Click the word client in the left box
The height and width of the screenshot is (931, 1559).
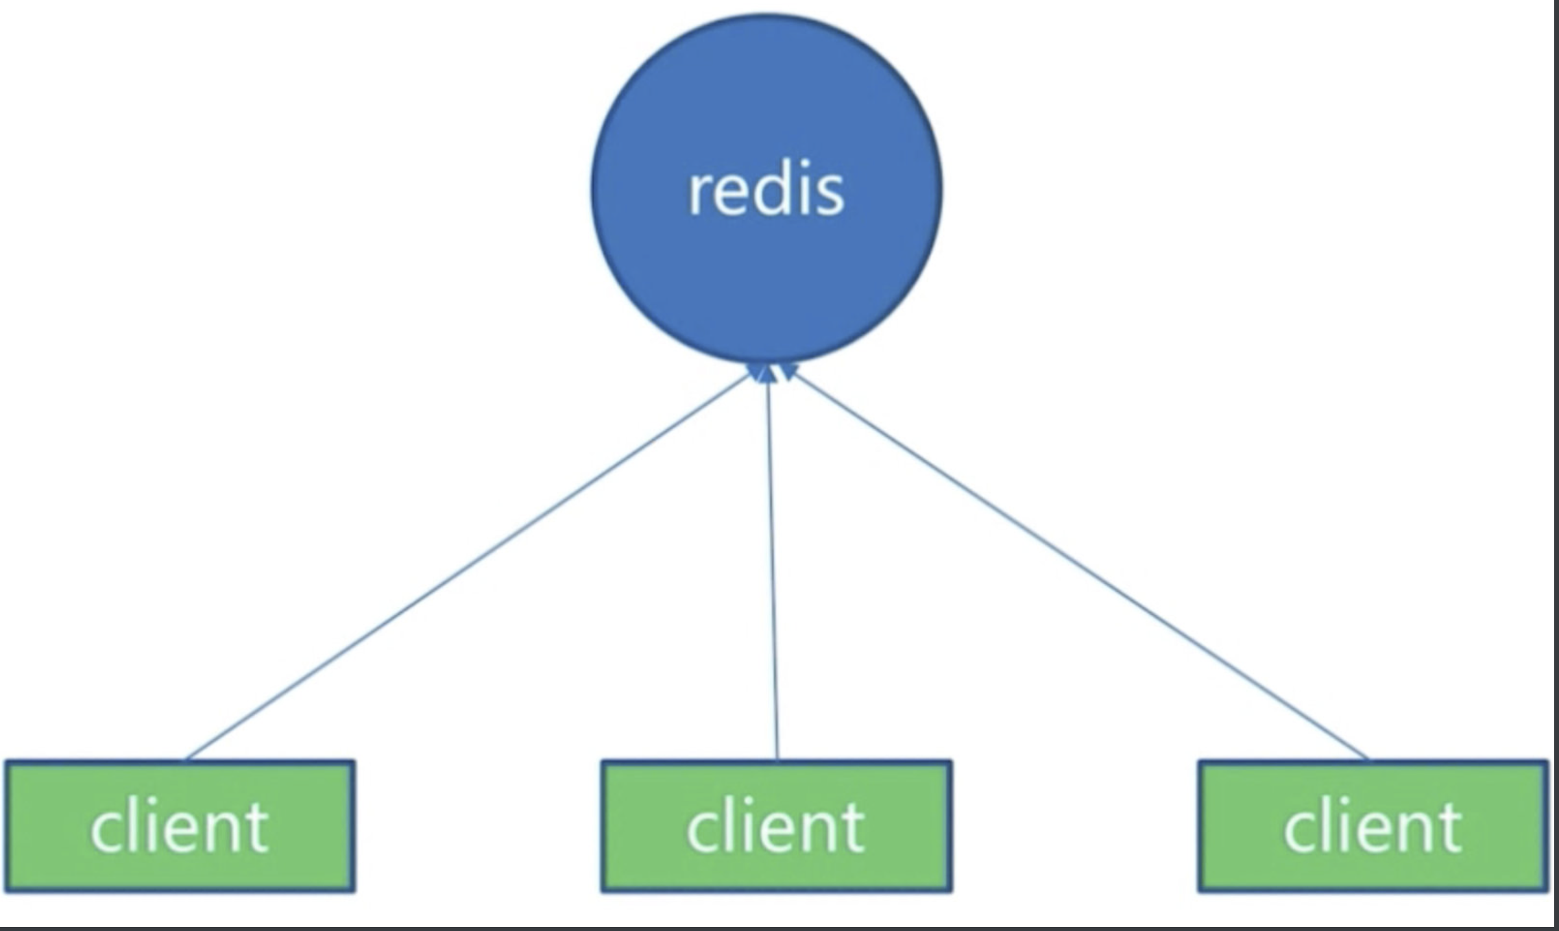click(x=179, y=827)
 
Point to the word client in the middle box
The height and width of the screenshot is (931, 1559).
click(x=775, y=827)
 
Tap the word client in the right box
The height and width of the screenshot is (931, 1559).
click(x=1373, y=827)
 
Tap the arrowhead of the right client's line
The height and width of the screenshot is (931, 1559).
click(x=788, y=373)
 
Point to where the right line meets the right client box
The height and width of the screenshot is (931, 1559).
click(x=1368, y=759)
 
